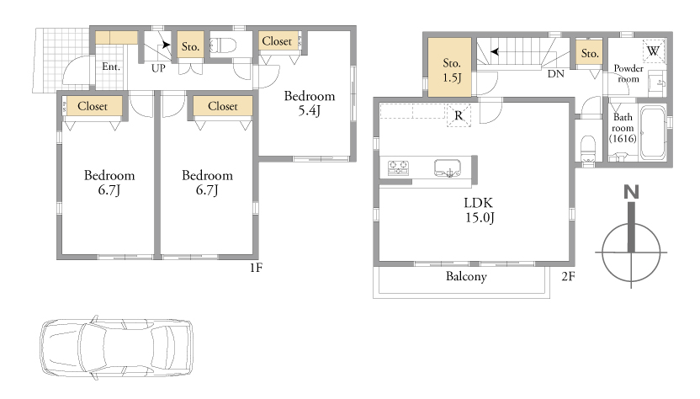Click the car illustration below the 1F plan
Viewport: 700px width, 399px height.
click(x=117, y=348)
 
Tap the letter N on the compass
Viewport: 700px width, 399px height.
click(x=631, y=192)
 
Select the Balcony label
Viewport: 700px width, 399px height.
click(x=466, y=277)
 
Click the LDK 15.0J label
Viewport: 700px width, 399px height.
click(x=479, y=210)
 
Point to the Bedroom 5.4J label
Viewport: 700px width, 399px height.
click(x=310, y=104)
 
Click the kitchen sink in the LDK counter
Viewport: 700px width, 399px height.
click(x=448, y=168)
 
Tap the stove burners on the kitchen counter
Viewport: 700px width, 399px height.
click(x=398, y=168)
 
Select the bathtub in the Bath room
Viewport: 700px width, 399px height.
click(x=653, y=132)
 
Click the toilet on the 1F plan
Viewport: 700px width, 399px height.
click(x=222, y=45)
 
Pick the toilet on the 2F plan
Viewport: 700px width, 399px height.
click(x=588, y=150)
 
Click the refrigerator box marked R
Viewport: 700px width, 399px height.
click(x=459, y=115)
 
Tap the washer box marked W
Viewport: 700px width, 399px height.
click(x=654, y=51)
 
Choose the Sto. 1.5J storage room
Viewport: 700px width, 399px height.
click(x=449, y=67)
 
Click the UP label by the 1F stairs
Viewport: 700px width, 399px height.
click(x=158, y=68)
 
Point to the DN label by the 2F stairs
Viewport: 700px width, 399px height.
click(x=556, y=74)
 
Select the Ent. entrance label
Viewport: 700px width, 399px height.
click(x=111, y=67)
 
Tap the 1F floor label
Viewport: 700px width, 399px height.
click(x=256, y=267)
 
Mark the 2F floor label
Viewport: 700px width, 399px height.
click(x=568, y=277)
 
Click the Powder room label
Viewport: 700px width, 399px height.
click(x=628, y=74)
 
